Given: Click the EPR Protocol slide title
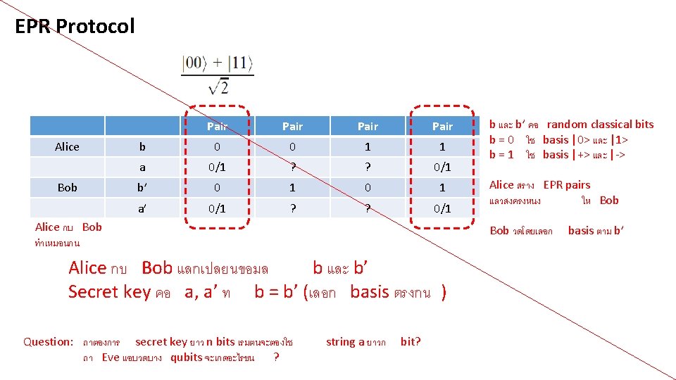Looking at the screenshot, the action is coord(74,27).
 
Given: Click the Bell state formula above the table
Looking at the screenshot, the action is coord(217,74).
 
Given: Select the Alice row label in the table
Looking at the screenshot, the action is coord(67,147).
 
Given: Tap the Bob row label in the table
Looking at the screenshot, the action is coord(67,188).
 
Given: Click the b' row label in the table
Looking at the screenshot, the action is coord(143,188).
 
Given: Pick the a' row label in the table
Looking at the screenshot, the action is coord(143,208).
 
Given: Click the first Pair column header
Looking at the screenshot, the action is coord(217,127).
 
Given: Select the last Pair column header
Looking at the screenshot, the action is coord(442,127).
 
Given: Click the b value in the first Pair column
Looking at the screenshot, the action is coord(217,147).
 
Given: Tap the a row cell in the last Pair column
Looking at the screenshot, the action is coord(442,167).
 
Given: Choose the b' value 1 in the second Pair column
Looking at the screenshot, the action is coord(292,188).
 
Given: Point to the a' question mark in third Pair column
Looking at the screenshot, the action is coord(368,208).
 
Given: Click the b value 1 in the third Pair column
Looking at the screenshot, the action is coord(368,147).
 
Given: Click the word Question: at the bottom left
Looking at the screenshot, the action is coord(48,342).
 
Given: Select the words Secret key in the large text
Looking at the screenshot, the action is coord(110,291).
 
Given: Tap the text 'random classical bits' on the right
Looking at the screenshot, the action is coord(600,125).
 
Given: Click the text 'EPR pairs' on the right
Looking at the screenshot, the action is coord(567,185).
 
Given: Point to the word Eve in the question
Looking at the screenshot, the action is coord(111,357).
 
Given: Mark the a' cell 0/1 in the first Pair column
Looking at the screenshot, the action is coord(217,208).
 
